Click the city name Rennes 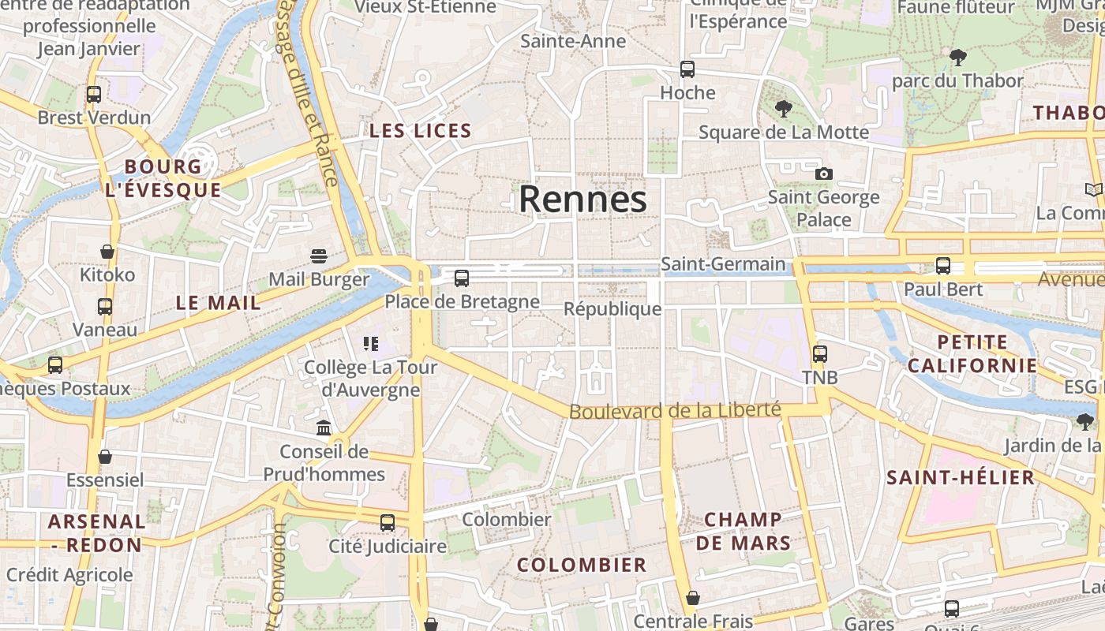point(582,199)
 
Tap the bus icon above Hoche point(687,69)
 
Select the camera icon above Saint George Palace point(823,174)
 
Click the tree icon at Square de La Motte point(783,109)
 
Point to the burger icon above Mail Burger point(319,256)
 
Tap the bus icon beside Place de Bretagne point(462,278)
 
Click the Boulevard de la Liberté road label point(675,411)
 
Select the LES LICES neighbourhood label point(421,131)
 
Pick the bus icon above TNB point(820,354)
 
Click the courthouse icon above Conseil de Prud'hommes point(324,428)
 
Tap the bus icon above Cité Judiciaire point(388,522)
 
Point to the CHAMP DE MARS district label point(743,531)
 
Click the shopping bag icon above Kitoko point(107,252)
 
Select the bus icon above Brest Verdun point(94,95)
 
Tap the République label point(612,308)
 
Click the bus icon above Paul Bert point(943,266)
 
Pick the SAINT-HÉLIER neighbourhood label point(961,477)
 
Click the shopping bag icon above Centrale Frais point(693,598)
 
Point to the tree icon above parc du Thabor point(958,57)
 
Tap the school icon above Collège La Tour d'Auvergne point(371,343)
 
